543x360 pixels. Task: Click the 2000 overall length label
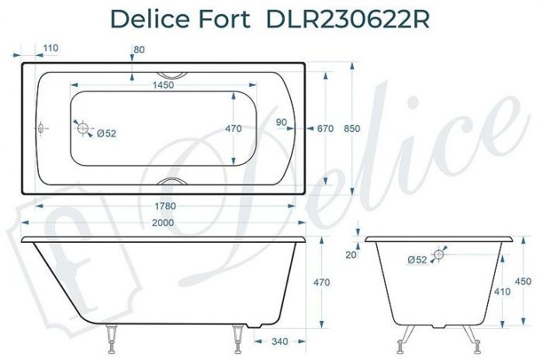[163, 223]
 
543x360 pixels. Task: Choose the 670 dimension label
[325, 129]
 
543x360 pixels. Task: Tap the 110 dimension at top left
[50, 48]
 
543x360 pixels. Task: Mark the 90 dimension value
[281, 122]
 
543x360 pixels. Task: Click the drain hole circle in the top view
[82, 130]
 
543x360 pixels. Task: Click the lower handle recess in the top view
[171, 182]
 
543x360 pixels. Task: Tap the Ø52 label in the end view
[417, 260]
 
